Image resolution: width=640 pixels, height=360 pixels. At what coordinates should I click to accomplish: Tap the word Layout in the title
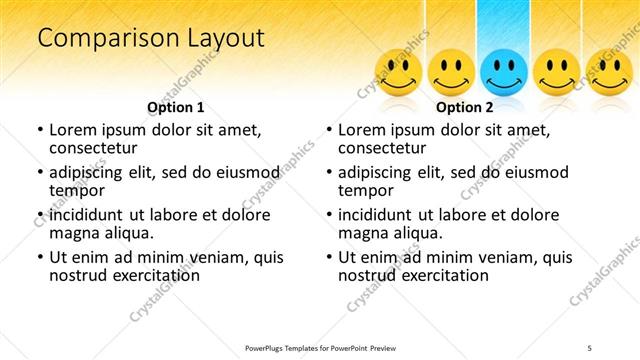(222, 39)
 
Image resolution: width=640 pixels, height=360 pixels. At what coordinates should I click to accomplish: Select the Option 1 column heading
(176, 106)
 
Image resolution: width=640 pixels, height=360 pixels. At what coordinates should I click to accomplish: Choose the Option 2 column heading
(465, 106)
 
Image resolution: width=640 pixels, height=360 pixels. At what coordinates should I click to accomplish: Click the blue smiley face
(503, 73)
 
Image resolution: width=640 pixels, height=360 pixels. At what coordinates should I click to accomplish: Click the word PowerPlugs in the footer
(268, 347)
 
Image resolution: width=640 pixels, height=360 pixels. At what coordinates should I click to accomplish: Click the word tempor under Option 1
(76, 190)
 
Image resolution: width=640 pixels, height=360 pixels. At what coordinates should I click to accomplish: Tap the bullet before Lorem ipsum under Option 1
(40, 130)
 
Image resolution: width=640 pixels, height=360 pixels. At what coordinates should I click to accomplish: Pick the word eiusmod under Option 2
(539, 172)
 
